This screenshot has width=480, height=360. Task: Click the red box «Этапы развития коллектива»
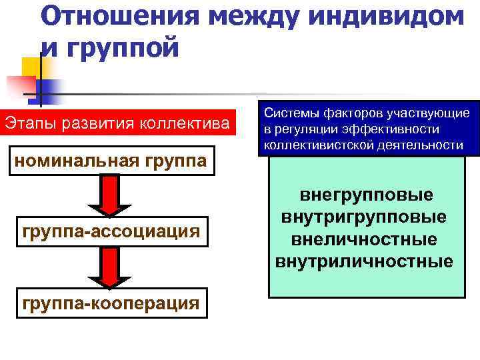point(118,123)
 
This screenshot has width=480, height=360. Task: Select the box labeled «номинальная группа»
point(111,162)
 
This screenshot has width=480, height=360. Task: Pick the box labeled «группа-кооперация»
point(111,303)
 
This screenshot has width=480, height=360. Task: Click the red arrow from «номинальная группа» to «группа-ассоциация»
point(111,196)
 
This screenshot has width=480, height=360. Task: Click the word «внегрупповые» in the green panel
point(366,195)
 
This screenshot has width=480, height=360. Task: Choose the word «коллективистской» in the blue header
point(311,145)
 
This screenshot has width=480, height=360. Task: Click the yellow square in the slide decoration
point(31,67)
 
